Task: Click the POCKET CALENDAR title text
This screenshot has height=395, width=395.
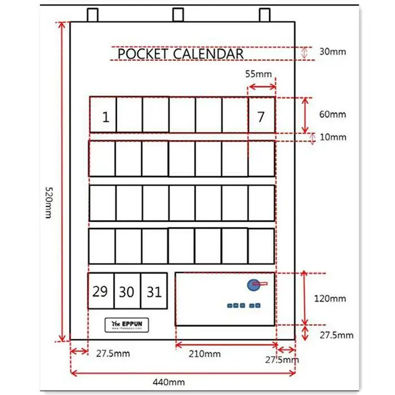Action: point(181,54)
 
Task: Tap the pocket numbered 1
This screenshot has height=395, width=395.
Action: point(103,115)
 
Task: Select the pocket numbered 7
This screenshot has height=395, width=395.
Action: point(261,115)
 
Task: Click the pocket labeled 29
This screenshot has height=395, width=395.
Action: point(100,291)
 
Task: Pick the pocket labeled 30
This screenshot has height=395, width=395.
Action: point(127,291)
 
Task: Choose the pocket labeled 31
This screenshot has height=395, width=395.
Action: point(154,291)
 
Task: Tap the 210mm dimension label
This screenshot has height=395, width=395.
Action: point(205,354)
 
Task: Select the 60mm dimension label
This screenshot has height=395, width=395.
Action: point(333,115)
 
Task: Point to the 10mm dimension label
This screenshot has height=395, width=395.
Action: point(333,137)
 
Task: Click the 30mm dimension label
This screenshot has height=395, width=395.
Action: point(332,52)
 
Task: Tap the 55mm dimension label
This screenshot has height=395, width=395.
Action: point(259,74)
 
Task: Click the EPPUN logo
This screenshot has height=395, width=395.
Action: point(127,324)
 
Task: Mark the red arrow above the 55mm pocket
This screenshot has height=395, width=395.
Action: point(262,86)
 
